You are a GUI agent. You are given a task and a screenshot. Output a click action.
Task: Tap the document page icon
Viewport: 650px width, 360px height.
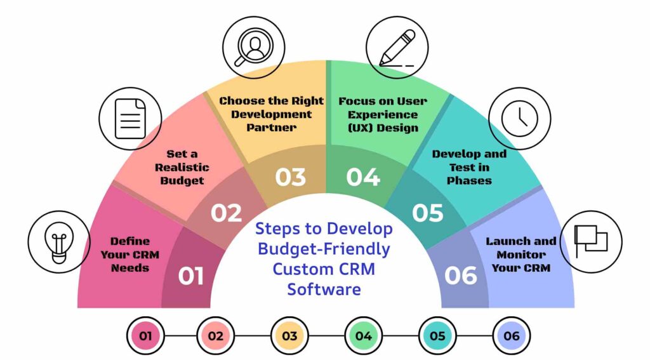(x=130, y=119)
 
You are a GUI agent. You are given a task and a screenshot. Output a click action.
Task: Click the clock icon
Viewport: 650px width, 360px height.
(x=519, y=118)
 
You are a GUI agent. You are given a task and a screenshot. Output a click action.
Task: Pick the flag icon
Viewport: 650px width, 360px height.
(x=590, y=242)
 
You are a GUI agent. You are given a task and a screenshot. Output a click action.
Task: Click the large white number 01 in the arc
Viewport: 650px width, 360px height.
(x=191, y=276)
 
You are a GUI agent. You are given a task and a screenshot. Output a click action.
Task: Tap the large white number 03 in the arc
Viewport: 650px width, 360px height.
(x=290, y=177)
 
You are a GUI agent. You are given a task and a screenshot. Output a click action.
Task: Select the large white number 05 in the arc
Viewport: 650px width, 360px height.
(x=427, y=213)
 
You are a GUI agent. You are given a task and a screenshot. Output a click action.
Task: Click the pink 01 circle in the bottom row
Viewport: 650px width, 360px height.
(x=145, y=335)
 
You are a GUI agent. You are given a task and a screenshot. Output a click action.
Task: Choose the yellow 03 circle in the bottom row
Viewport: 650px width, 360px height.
(x=289, y=335)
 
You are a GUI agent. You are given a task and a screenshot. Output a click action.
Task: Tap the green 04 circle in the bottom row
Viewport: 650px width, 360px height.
(x=364, y=335)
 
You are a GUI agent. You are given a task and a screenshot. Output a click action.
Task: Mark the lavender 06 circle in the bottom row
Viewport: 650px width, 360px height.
(x=511, y=335)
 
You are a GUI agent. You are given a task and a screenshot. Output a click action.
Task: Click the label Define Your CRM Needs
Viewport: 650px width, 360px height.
(x=129, y=254)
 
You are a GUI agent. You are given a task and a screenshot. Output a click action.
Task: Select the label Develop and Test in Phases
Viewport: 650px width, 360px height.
(x=469, y=167)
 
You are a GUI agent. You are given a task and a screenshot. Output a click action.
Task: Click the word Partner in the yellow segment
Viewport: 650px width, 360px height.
(x=272, y=128)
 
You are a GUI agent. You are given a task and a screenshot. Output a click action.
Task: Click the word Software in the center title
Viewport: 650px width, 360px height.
(x=324, y=289)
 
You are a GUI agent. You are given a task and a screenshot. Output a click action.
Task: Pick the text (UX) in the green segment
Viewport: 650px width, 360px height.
(x=356, y=128)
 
